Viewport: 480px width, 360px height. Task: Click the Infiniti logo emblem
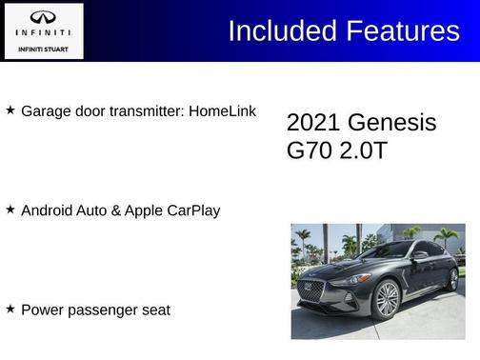coord(43,18)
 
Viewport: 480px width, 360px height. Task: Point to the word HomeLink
coord(222,111)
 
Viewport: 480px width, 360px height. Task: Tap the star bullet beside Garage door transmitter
coord(10,110)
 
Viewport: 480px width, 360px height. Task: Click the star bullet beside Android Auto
coord(10,209)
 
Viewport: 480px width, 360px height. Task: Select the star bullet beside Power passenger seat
coord(10,309)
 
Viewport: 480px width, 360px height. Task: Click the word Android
coord(49,210)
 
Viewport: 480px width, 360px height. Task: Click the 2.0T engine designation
coord(364,150)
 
